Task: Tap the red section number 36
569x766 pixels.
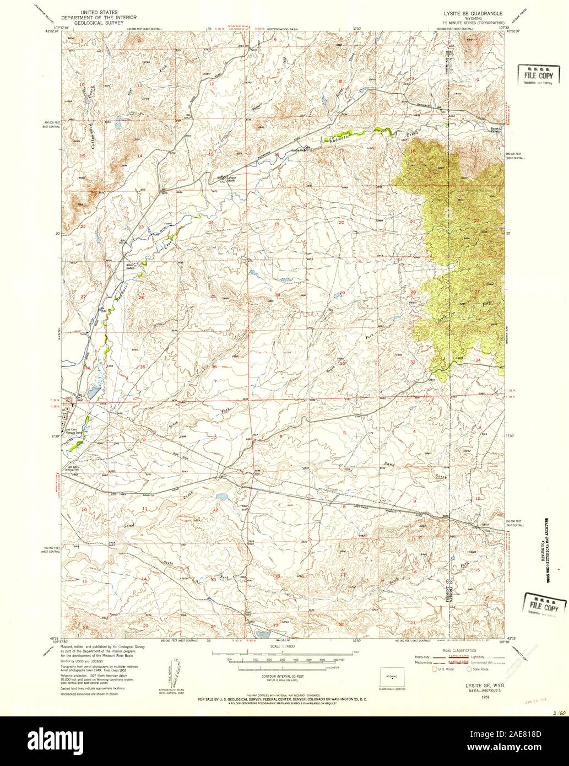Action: (214, 366)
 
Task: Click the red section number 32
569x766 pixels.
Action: (342, 364)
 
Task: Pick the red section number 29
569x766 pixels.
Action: (342, 293)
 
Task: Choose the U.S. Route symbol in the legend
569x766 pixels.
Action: (434, 669)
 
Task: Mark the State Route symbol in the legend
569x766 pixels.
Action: (470, 669)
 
